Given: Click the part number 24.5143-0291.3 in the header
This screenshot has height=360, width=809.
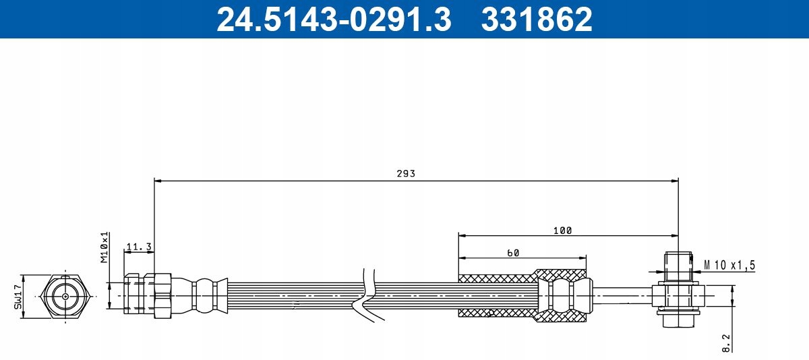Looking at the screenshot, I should (x=332, y=19).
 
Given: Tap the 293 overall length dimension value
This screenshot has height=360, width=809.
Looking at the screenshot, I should (x=406, y=173).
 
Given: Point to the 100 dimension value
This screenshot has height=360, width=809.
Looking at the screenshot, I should (x=562, y=231).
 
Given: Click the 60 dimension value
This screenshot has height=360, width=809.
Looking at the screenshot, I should (x=512, y=253).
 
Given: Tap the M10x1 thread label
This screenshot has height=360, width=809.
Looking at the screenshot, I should (x=105, y=248).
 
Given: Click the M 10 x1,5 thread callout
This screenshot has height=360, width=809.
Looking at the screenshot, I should (x=729, y=265).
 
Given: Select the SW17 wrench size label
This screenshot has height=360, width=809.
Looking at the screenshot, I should (x=18, y=296).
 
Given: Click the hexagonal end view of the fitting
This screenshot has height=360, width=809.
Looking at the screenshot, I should (x=64, y=296).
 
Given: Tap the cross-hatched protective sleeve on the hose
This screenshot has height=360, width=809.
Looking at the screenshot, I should (x=499, y=295).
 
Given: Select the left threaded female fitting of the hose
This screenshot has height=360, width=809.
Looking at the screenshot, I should (x=148, y=296).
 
